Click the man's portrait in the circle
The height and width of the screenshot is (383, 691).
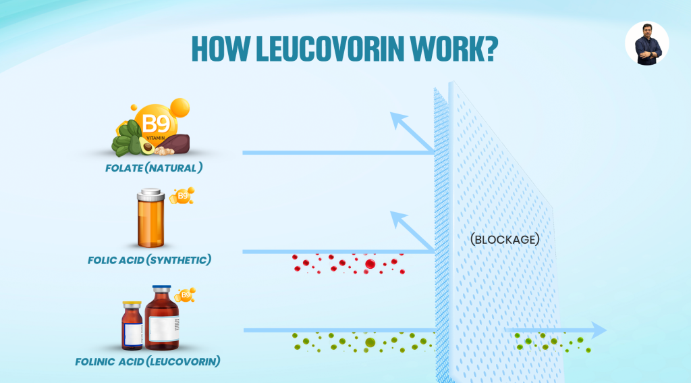click(x=646, y=43)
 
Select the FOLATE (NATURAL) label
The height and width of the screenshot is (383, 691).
click(x=154, y=166)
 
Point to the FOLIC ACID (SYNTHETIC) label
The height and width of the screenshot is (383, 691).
click(x=150, y=259)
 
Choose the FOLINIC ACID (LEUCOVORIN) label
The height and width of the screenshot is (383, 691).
click(x=148, y=361)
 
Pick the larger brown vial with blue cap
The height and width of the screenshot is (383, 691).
click(x=162, y=316)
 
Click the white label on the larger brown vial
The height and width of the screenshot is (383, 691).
click(x=163, y=328)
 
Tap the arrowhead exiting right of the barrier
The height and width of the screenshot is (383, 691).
click(x=598, y=330)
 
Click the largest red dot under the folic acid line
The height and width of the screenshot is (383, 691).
click(x=370, y=263)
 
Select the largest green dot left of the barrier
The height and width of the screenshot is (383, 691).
click(x=370, y=342)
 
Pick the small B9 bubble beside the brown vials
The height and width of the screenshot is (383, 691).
click(x=184, y=295)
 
